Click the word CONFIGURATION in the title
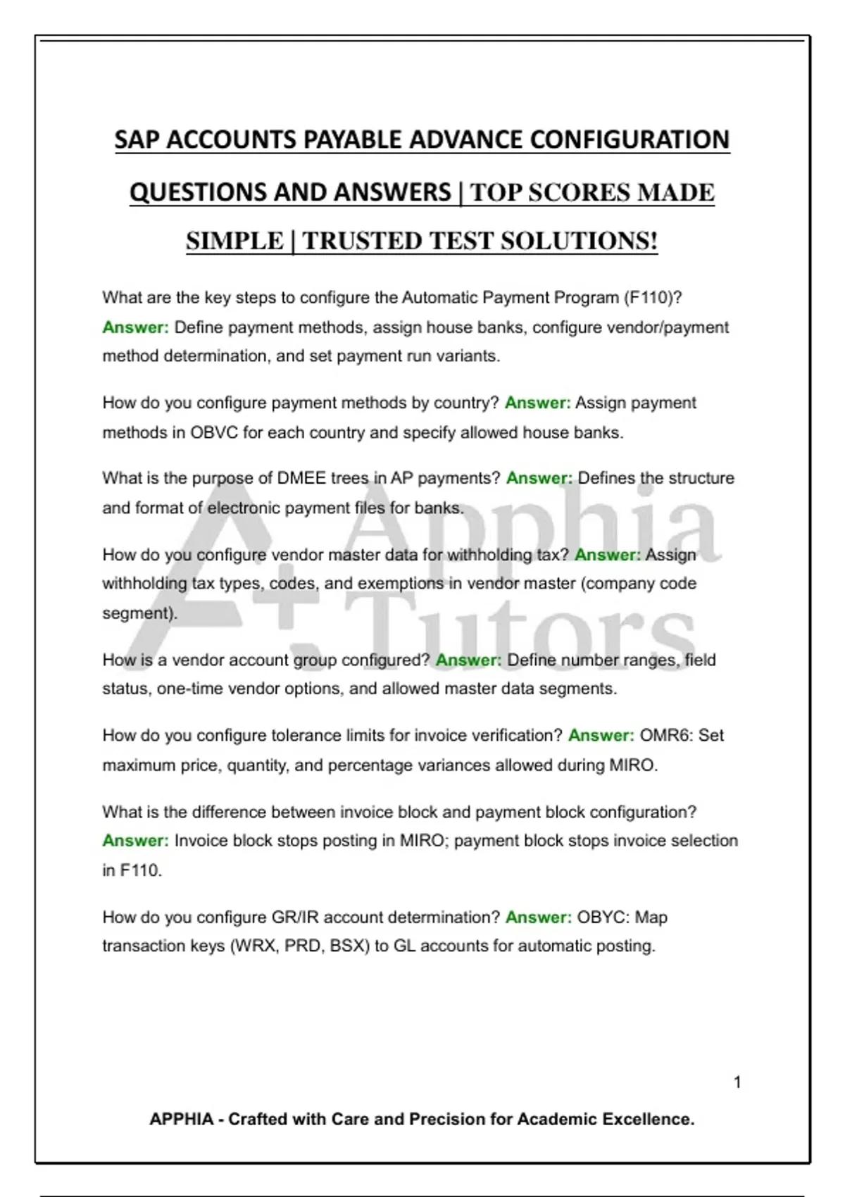click(630, 139)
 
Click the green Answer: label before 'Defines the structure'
click(539, 479)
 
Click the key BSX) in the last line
click(349, 946)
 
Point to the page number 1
click(737, 1082)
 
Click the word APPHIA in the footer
click(181, 1120)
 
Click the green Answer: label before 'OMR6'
click(601, 736)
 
